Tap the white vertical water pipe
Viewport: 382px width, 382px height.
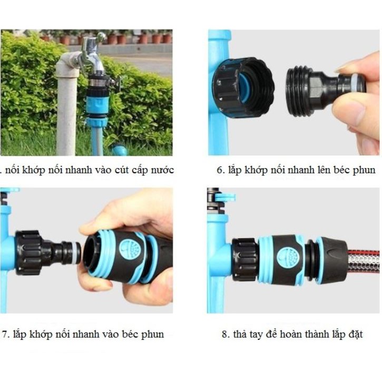pos(66,105)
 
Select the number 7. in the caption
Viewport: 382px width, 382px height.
pos(6,334)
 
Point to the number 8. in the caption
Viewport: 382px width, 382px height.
pos(225,334)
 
